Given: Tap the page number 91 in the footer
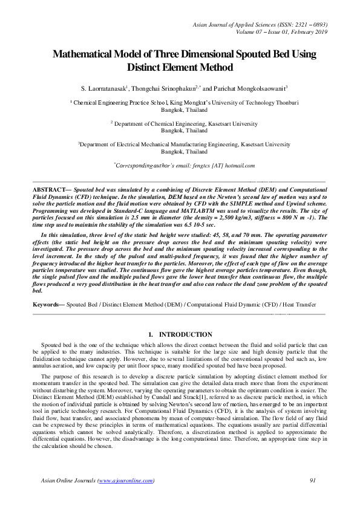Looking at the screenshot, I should [313, 481].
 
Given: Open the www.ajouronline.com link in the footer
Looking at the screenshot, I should [125, 481].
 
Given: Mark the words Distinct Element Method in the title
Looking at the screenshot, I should [180, 67].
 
